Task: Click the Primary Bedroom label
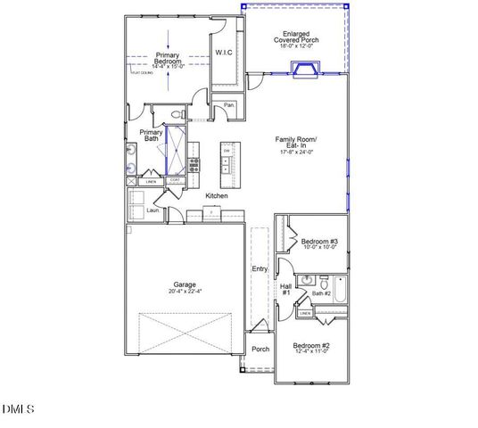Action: (168, 59)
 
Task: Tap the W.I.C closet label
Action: (224, 53)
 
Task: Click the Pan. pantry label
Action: (229, 105)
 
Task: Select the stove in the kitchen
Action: (194, 165)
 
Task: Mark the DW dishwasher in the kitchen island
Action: (227, 151)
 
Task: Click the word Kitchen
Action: (217, 195)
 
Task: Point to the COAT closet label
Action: (176, 180)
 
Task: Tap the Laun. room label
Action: (152, 210)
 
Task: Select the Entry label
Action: (260, 268)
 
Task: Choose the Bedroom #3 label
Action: (318, 243)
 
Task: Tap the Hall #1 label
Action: (286, 290)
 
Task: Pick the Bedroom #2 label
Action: (314, 347)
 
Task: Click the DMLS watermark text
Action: (17, 409)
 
